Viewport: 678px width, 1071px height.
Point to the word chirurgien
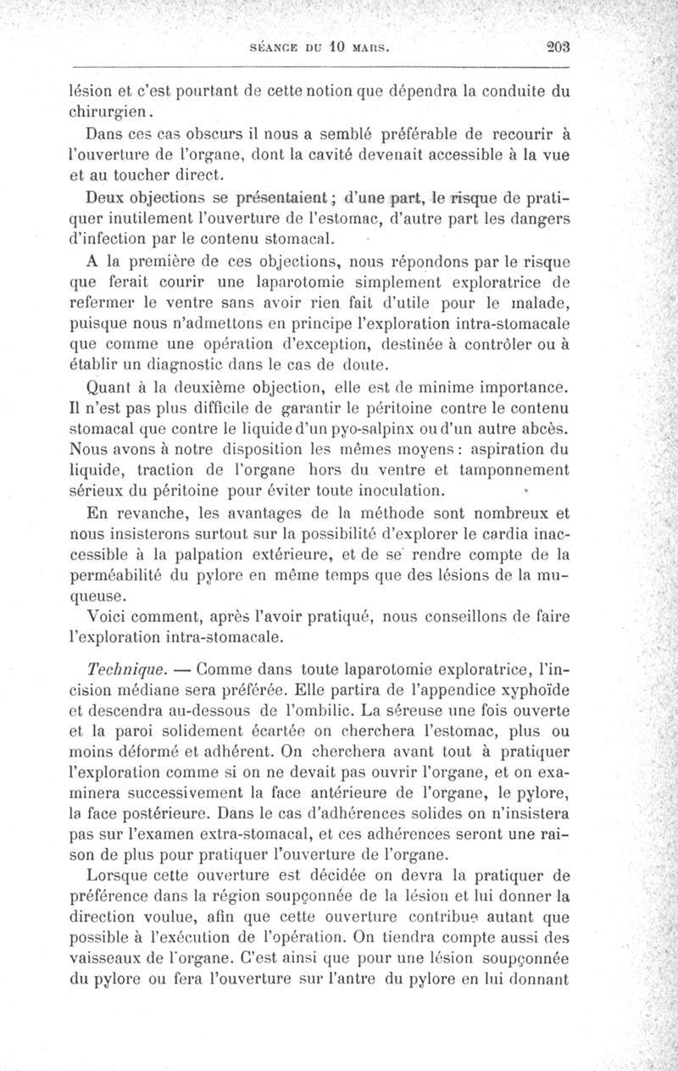[x=103, y=110]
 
